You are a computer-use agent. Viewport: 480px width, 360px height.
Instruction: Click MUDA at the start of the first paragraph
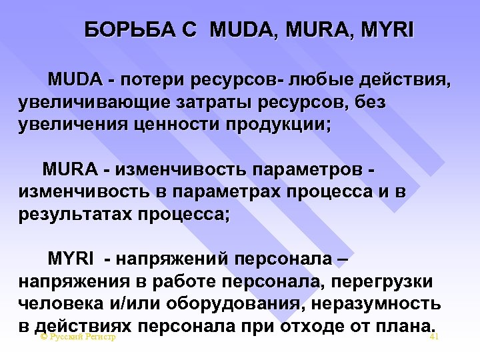coord(72,81)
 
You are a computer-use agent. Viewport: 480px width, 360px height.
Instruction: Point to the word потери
coord(151,81)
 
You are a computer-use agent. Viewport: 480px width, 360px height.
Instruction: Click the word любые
coord(318,81)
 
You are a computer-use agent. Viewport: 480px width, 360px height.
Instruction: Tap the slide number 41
coord(434,337)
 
